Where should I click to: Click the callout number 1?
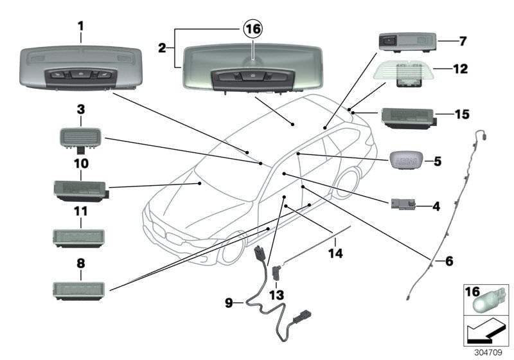click(81, 26)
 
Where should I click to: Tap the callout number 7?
click(462, 41)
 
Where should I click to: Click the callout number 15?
click(462, 114)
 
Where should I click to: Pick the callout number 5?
click(437, 161)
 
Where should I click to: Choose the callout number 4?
click(436, 207)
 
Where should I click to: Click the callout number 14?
click(335, 253)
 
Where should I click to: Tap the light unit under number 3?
click(81, 137)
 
